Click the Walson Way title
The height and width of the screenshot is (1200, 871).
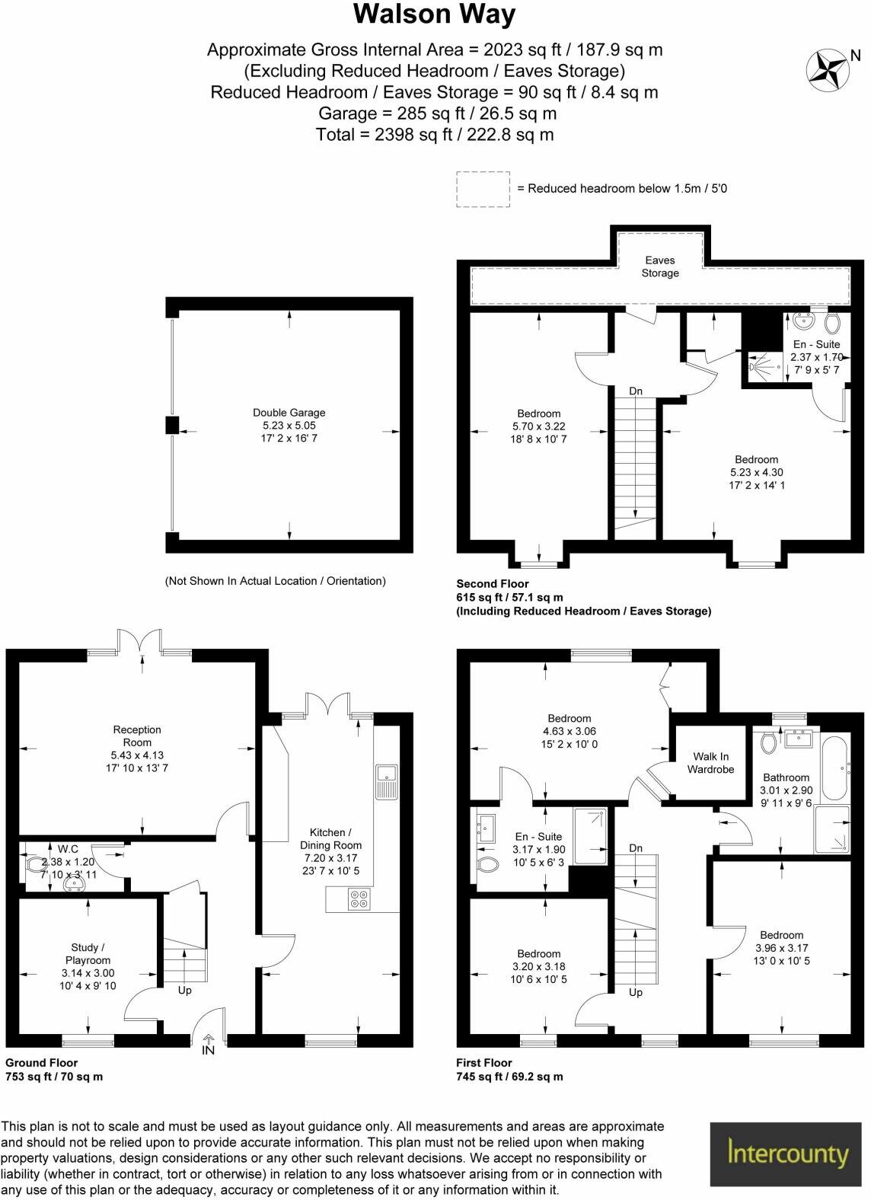pyautogui.click(x=435, y=15)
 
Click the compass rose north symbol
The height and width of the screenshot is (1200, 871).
pyautogui.click(x=827, y=69)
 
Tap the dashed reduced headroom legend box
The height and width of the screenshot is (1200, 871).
pyautogui.click(x=483, y=189)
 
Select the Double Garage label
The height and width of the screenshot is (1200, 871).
pyautogui.click(x=289, y=413)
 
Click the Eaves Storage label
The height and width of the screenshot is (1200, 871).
pyautogui.click(x=659, y=266)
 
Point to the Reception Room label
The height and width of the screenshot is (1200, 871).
pyautogui.click(x=137, y=736)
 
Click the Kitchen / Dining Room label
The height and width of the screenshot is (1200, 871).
pyautogui.click(x=330, y=838)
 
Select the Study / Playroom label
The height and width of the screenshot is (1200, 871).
pyautogui.click(x=88, y=953)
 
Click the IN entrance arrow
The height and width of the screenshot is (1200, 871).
pyautogui.click(x=208, y=1045)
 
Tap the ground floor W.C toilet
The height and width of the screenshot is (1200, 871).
pyautogui.click(x=35, y=865)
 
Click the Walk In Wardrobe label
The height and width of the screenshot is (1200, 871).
pyautogui.click(x=710, y=762)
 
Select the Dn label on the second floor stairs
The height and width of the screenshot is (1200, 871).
pyautogui.click(x=636, y=391)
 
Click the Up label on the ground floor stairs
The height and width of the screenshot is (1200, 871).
pyautogui.click(x=184, y=991)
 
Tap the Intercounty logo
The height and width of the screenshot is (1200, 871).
pyautogui.click(x=788, y=1153)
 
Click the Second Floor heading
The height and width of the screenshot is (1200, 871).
pyautogui.click(x=492, y=584)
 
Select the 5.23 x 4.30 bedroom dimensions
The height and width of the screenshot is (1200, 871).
pyautogui.click(x=756, y=472)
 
